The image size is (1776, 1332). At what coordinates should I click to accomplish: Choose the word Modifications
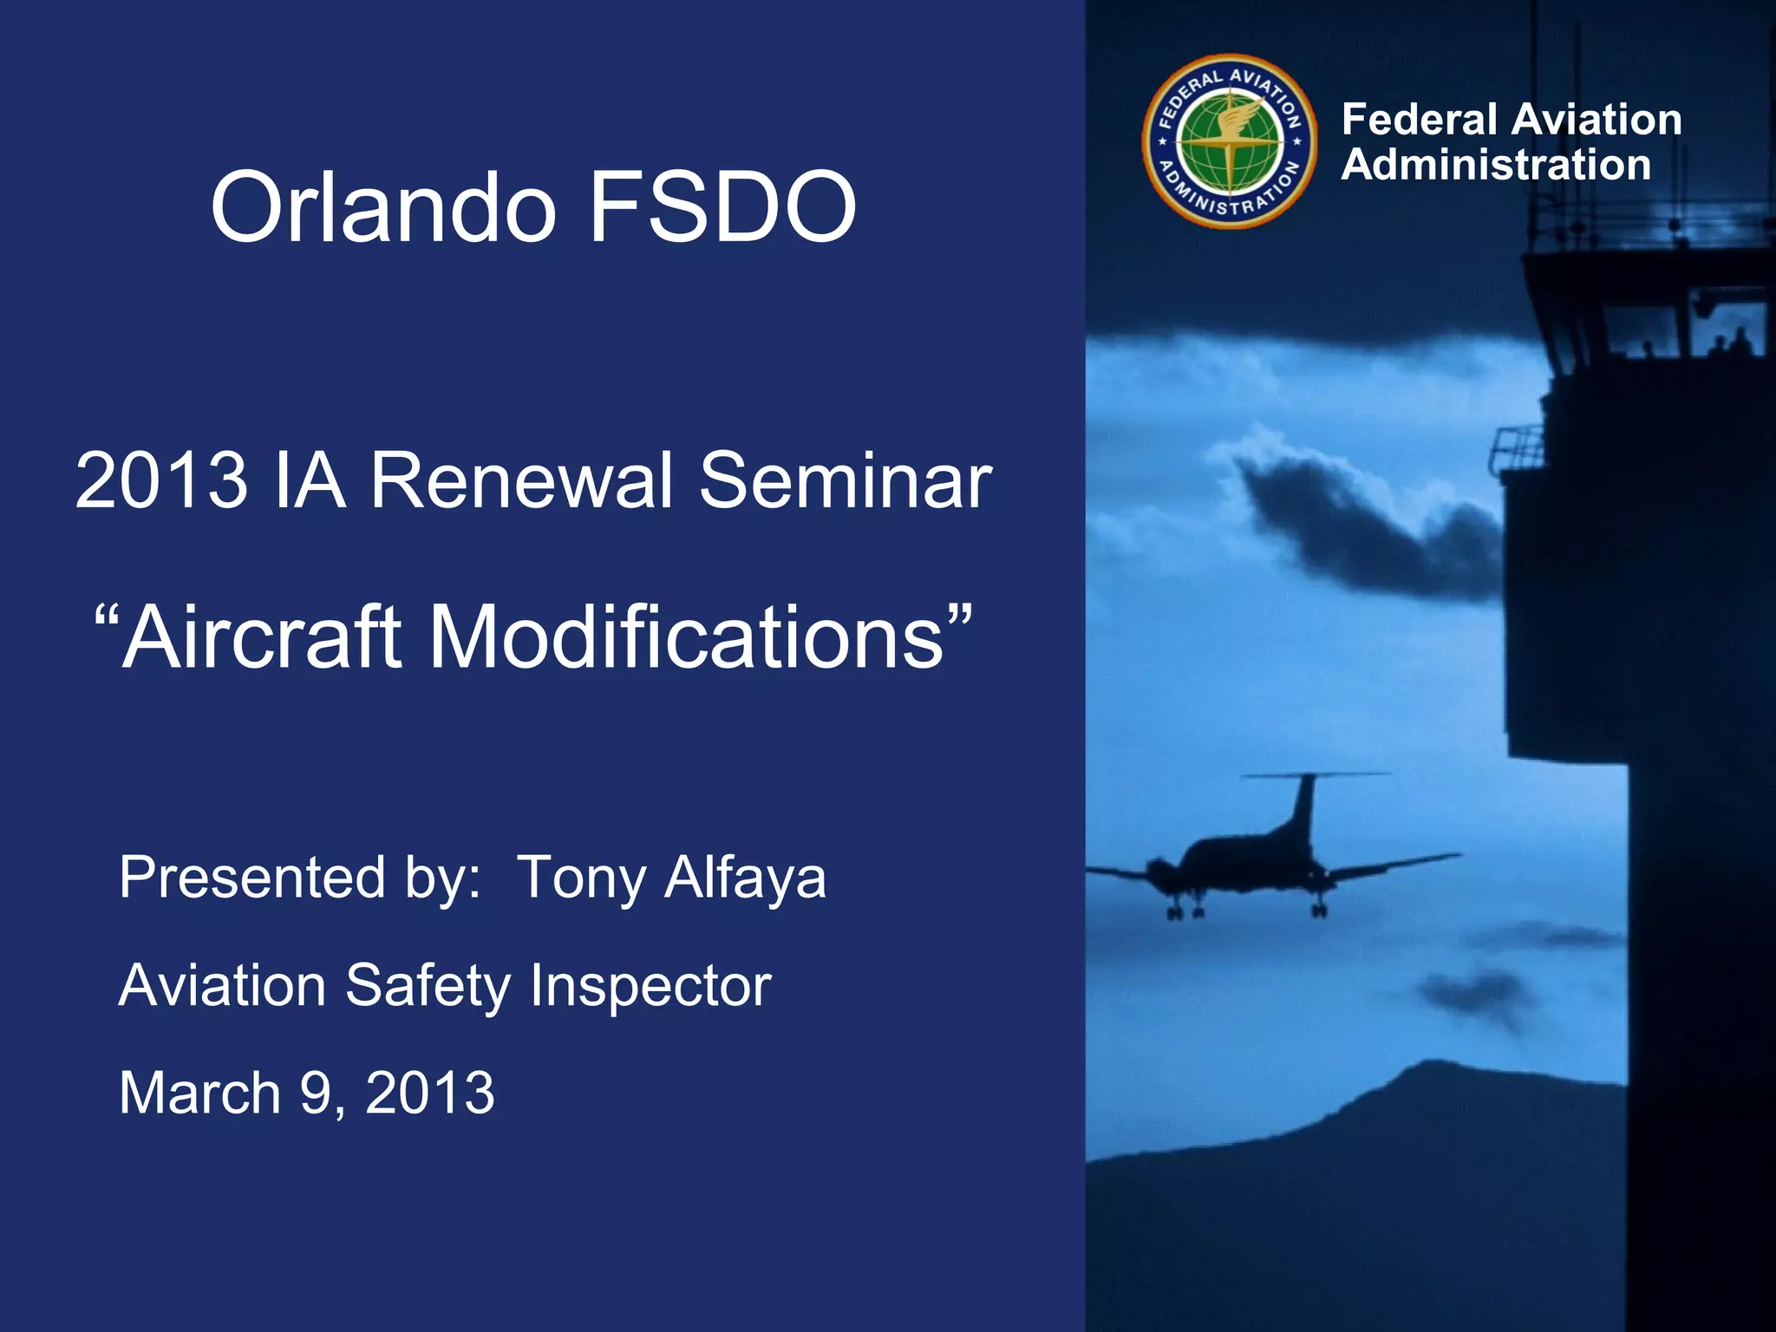click(685, 637)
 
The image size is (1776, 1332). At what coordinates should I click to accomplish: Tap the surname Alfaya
click(745, 878)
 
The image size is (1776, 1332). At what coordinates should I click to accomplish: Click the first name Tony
click(581, 878)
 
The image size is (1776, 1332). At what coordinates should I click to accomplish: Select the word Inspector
click(650, 986)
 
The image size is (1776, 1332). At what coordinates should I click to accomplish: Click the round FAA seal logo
click(1229, 141)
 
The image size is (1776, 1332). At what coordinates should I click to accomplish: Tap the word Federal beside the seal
click(1419, 120)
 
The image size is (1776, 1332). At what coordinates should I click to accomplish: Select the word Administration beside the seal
click(1495, 165)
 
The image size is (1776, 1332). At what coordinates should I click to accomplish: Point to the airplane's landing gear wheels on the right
click(1319, 908)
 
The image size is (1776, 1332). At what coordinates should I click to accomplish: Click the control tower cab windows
click(1648, 334)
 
